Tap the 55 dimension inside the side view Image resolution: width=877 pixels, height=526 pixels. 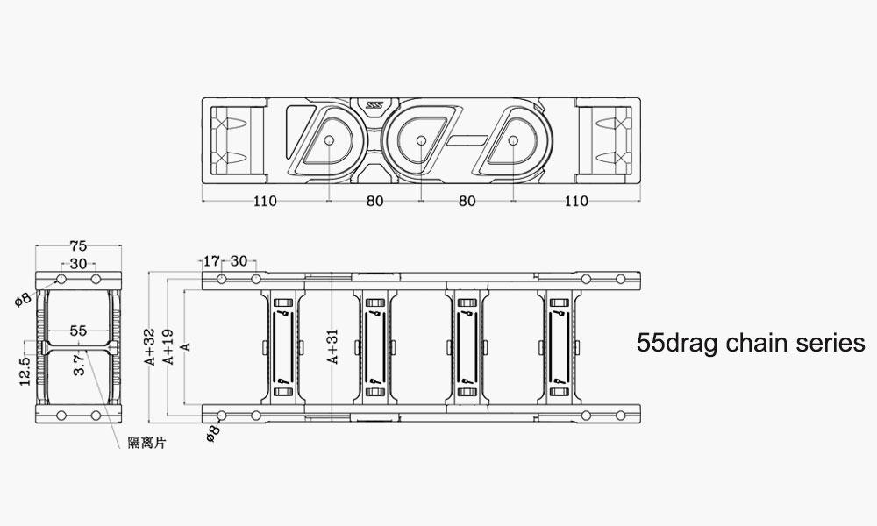(77, 331)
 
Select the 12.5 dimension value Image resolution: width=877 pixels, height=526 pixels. (25, 369)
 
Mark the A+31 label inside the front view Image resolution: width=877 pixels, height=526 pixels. (332, 346)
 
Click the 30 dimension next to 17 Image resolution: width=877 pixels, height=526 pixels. (238, 260)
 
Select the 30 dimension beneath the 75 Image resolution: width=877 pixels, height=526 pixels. (77, 264)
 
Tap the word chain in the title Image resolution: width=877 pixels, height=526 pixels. (752, 343)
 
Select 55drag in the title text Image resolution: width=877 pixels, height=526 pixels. (676, 343)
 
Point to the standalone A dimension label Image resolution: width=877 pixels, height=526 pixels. (183, 347)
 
